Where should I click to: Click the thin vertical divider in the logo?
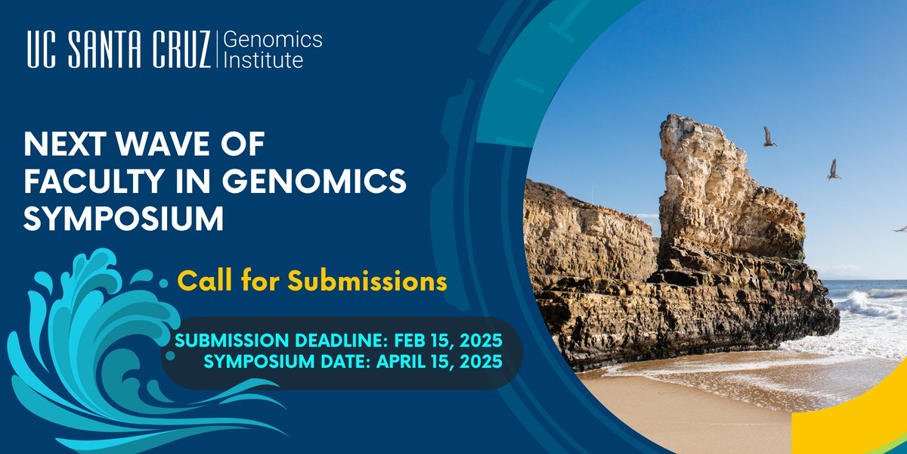(x=218, y=50)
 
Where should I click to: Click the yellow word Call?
(x=202, y=281)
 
